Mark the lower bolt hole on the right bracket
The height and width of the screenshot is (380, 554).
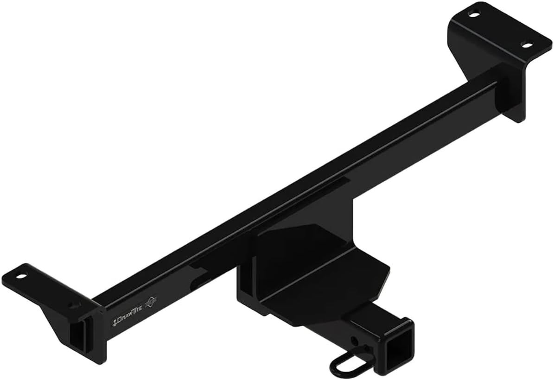[x=526, y=45]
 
